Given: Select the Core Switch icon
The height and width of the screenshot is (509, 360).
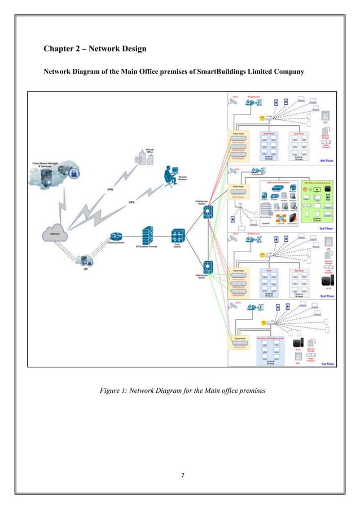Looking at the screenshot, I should click(179, 235).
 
